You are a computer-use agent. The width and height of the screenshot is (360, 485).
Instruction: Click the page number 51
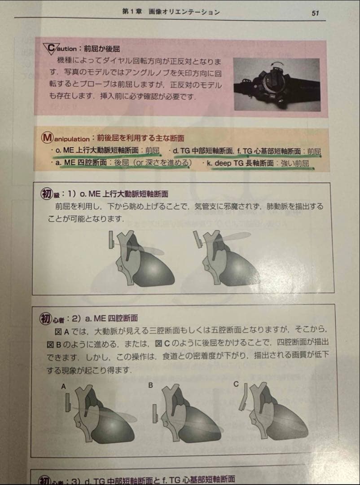pos(315,13)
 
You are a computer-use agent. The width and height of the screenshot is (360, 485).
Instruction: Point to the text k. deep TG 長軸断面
pos(240,164)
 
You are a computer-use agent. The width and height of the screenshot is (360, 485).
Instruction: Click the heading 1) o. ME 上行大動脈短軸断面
pos(119,194)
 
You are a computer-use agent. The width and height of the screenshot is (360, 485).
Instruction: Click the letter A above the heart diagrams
pos(64,386)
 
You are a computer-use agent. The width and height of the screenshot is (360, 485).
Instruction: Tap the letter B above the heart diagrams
pos(151,385)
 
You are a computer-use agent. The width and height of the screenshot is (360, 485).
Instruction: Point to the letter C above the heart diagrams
pos(236,384)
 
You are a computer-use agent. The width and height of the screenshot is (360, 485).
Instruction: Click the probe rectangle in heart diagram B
pos(155,413)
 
